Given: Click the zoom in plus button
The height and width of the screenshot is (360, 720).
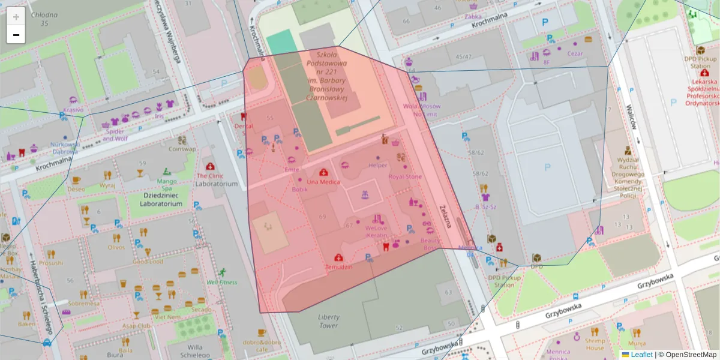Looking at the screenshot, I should pos(16,17).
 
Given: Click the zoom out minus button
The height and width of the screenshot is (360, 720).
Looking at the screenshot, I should pos(16,35).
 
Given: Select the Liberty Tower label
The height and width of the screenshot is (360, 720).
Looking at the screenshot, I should pos(329,321).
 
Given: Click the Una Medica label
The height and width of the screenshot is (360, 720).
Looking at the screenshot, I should pos(323,182).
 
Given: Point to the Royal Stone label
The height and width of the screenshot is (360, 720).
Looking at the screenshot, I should pos(405,177).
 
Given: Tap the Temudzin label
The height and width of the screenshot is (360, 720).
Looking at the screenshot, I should pos(339,266).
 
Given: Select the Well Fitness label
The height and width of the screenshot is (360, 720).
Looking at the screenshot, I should pos(221,282).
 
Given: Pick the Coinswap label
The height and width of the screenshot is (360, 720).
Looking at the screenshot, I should pos(182,149).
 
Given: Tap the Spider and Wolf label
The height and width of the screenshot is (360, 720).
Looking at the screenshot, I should pos(115,135).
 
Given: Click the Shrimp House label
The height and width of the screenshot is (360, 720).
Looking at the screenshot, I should pos(595,344).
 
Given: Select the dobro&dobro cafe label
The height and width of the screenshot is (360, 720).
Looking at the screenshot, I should pos(262,346).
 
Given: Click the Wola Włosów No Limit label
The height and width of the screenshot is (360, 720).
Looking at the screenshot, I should pos(421,109).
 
